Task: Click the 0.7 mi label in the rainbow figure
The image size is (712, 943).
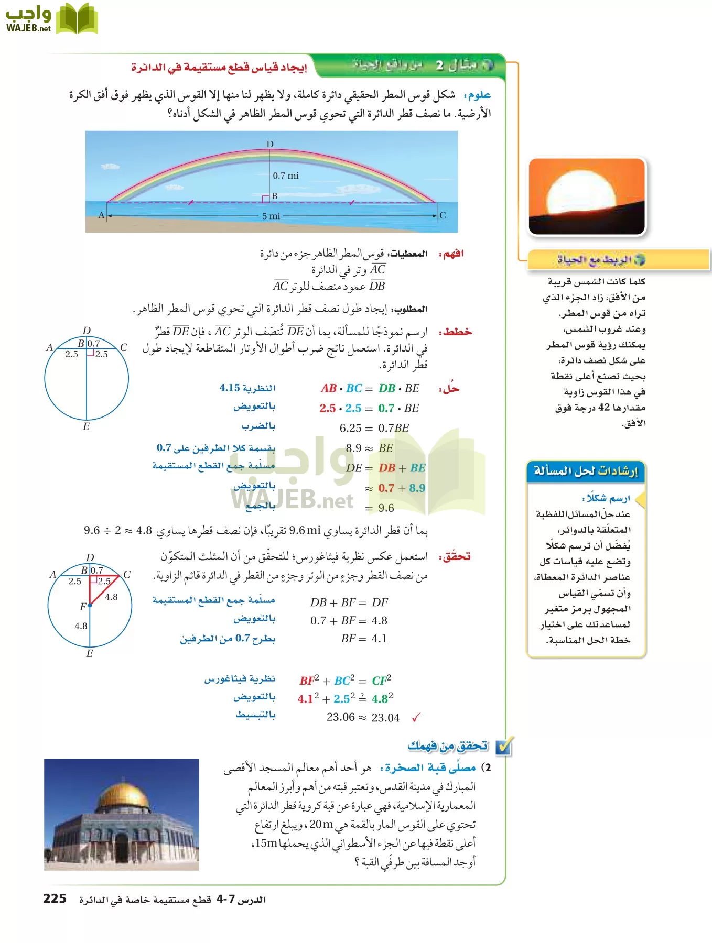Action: click(285, 176)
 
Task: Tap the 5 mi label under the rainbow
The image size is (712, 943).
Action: click(271, 216)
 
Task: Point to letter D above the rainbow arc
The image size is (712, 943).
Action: click(270, 144)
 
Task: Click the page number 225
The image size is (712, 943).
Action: click(55, 899)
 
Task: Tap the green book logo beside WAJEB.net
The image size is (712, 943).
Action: click(77, 19)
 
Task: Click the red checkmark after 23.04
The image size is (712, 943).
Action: click(416, 718)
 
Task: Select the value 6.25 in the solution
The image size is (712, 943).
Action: click(350, 428)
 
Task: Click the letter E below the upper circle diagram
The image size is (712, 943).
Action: click(86, 426)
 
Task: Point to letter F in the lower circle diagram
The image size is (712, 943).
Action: click(83, 607)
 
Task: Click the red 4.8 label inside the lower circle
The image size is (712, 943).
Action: click(111, 597)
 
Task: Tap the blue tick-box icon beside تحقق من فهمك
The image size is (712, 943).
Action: click(504, 747)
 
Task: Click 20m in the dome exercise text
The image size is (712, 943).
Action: click(321, 824)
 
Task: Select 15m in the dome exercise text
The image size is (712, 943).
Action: click(265, 843)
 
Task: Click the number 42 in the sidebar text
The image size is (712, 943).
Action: click(603, 408)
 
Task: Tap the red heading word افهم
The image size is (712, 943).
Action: click(453, 254)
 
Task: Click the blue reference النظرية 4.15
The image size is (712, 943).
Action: click(247, 388)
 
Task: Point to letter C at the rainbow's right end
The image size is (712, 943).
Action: click(443, 215)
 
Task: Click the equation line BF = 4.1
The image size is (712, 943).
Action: click(363, 639)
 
